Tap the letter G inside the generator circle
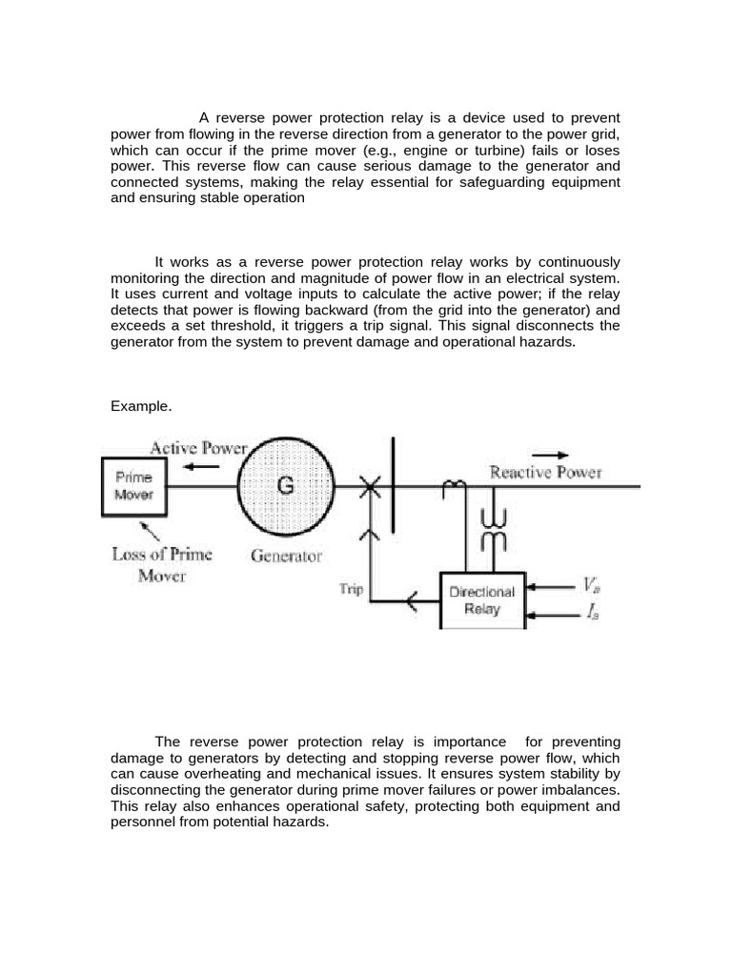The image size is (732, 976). click(x=285, y=486)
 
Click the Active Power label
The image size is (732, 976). click(x=199, y=447)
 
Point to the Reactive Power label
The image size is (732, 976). click(x=545, y=472)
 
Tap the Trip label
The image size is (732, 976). click(x=352, y=589)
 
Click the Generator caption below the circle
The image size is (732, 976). click(x=286, y=555)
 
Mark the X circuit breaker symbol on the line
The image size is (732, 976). click(x=370, y=487)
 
